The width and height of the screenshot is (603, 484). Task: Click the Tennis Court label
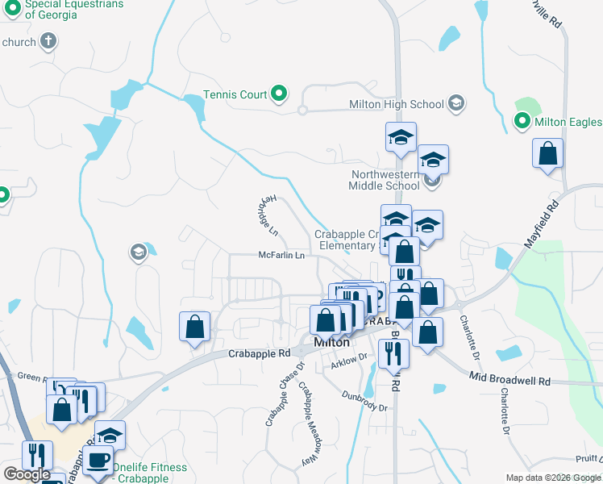coord(235,94)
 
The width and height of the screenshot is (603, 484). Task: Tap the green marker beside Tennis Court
coord(280,94)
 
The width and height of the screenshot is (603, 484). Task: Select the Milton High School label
coord(396,104)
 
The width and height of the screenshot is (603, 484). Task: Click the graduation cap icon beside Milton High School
coord(456,103)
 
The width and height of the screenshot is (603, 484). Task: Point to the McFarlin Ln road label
coord(281,255)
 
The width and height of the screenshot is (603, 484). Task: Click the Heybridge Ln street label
coord(269,214)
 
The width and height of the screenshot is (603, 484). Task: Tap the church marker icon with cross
coord(48,41)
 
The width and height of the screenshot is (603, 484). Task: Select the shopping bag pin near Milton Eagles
coord(547,153)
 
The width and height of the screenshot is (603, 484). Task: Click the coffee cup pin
coord(98,461)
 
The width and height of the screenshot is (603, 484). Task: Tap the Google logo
coord(27,474)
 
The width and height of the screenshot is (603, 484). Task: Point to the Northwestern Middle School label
coord(385,180)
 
